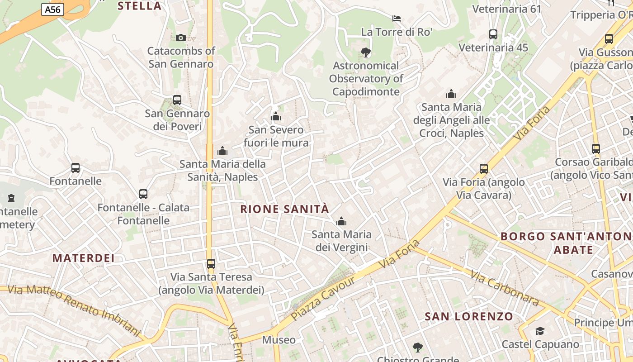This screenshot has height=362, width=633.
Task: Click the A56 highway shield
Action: click(x=53, y=9)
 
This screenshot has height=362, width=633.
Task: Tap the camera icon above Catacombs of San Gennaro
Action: click(x=180, y=38)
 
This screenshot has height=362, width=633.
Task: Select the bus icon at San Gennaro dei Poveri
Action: click(x=177, y=100)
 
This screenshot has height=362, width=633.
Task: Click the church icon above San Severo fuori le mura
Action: click(x=276, y=117)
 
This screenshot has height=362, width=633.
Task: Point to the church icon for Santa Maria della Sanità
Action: click(x=222, y=151)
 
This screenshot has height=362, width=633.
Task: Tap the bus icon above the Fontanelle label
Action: click(x=76, y=168)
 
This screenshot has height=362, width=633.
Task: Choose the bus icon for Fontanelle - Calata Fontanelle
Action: click(x=143, y=194)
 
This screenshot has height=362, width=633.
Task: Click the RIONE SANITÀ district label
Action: click(x=284, y=210)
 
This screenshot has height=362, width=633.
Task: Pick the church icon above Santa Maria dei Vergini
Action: click(x=341, y=221)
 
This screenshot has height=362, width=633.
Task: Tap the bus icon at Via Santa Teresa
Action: click(x=211, y=263)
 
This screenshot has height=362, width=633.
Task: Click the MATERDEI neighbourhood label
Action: click(x=83, y=258)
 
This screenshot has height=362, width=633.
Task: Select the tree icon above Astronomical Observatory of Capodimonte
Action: click(x=365, y=52)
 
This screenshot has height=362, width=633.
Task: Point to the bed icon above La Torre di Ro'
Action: click(x=397, y=19)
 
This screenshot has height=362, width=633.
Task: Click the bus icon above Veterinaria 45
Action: click(x=493, y=34)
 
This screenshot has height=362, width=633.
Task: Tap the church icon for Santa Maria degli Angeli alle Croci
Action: click(x=451, y=94)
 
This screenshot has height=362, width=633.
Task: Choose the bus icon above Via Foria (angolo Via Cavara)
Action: click(x=484, y=169)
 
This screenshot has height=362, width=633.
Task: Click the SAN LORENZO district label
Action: click(x=469, y=316)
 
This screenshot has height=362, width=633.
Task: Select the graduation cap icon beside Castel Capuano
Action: click(x=540, y=331)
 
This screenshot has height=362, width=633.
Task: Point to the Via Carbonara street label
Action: click(x=505, y=288)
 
